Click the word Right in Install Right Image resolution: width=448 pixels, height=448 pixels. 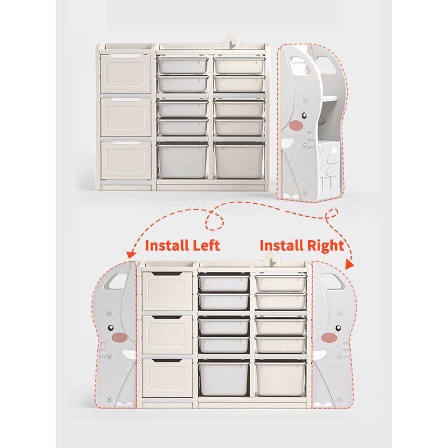coord(324,245)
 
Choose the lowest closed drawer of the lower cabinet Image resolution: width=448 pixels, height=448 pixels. coord(167,380)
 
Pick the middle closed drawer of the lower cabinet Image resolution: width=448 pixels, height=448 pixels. coord(167,335)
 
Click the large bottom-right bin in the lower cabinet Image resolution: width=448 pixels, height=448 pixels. coord(280,379)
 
